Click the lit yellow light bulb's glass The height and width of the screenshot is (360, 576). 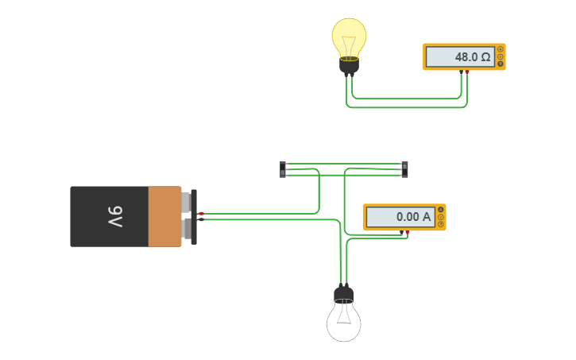click(x=349, y=36)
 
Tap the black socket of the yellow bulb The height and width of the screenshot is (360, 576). click(x=349, y=65)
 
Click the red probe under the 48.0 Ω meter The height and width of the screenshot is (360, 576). click(x=467, y=72)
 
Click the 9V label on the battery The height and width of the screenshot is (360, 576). click(x=114, y=216)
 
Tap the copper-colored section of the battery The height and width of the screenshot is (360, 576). click(x=164, y=216)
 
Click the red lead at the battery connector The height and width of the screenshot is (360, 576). click(x=201, y=213)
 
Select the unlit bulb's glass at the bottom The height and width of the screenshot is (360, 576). click(x=344, y=322)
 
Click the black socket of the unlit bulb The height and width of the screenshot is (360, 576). click(x=344, y=295)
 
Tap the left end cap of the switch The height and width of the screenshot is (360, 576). click(x=283, y=169)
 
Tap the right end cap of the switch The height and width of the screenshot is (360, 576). click(x=404, y=169)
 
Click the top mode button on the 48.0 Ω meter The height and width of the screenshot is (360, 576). click(x=500, y=50)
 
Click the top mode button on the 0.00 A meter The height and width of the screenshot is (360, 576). click(x=440, y=210)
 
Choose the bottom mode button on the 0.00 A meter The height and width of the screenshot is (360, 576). click(x=440, y=224)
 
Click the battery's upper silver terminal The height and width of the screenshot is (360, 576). click(x=186, y=202)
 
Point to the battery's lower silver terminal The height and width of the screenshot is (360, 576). click(x=186, y=229)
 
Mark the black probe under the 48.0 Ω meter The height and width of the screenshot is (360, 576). click(x=462, y=72)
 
